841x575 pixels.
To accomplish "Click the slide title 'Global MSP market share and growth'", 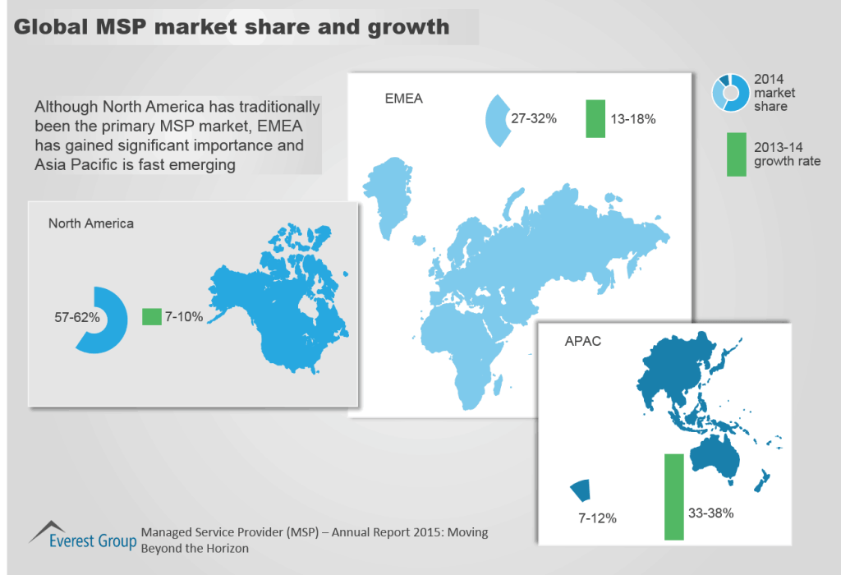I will [232, 27].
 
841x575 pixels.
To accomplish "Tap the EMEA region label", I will [404, 100].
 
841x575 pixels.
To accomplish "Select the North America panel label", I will [90, 223].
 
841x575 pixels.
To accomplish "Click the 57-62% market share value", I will [76, 317].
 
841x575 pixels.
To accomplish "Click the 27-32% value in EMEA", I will [534, 118].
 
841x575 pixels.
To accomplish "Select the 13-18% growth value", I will [632, 119].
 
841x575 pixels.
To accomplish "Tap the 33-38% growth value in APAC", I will [710, 513].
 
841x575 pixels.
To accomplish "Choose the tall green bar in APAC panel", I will [673, 496].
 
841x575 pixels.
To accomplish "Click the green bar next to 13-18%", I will [595, 118].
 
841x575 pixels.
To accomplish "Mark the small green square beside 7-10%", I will [151, 317].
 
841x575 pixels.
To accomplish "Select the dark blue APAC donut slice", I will [581, 490].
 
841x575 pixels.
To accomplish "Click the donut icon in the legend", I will [729, 92].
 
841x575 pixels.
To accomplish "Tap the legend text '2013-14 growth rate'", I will [787, 154].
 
